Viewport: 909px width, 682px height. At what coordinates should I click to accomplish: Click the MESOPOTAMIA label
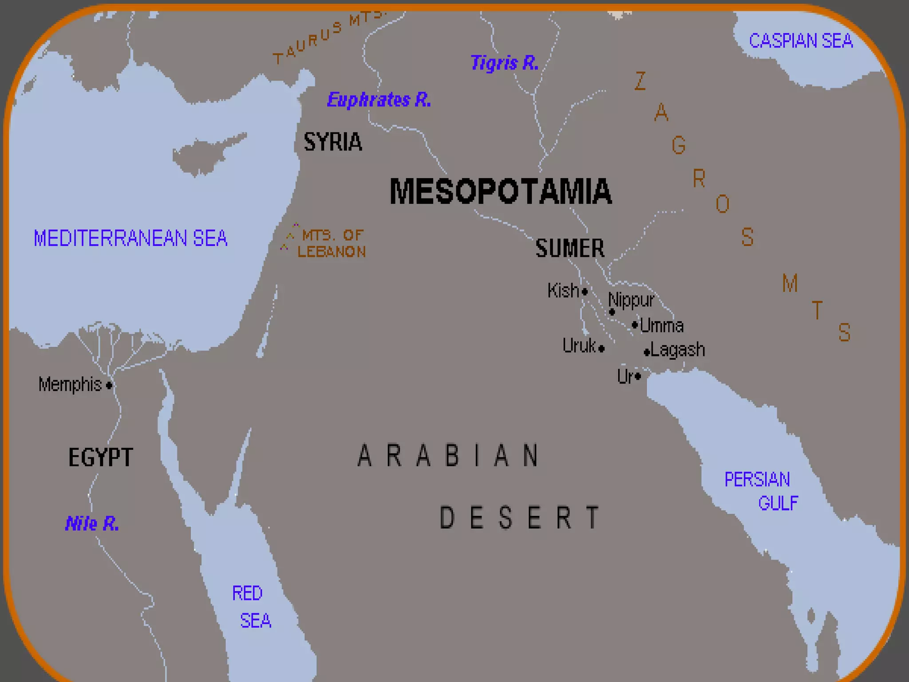tap(500, 192)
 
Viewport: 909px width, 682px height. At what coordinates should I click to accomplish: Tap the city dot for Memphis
tap(109, 385)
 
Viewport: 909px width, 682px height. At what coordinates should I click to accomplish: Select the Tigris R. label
tap(504, 63)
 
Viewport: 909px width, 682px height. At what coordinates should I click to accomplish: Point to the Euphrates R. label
tap(379, 100)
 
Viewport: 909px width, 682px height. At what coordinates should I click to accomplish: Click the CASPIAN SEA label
tap(801, 41)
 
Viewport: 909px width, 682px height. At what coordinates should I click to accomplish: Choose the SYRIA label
tap(333, 142)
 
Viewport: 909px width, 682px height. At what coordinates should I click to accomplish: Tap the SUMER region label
tap(570, 248)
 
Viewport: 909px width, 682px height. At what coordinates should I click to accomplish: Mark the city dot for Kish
tap(585, 292)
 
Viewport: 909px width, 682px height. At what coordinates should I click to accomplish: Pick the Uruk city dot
tap(601, 349)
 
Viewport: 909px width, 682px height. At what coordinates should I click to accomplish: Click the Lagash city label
tap(678, 350)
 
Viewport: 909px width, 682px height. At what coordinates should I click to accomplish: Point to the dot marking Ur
tap(638, 377)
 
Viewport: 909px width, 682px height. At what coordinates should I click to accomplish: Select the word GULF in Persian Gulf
tap(778, 503)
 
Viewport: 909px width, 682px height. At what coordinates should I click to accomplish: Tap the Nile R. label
tap(92, 523)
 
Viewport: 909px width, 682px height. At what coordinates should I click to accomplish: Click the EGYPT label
tap(100, 457)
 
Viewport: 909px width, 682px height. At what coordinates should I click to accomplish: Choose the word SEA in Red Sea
tap(255, 621)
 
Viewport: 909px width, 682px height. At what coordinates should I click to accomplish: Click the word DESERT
tap(519, 518)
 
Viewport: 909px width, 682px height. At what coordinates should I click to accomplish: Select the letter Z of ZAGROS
tap(640, 81)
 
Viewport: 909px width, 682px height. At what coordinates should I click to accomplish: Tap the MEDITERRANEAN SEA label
tap(130, 238)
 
